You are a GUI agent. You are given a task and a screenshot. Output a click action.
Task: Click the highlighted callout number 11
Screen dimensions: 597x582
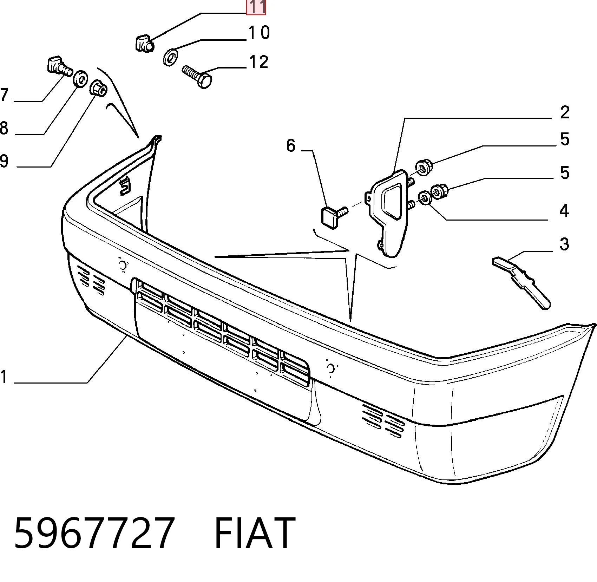click(x=256, y=7)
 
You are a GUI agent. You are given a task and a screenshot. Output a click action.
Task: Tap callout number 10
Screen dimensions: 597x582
click(x=259, y=33)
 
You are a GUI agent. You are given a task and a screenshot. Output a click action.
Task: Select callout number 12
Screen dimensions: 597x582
click(x=259, y=62)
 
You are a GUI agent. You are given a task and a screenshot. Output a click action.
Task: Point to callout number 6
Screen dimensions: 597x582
click(x=291, y=145)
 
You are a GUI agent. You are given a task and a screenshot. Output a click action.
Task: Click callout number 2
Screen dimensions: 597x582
click(x=565, y=112)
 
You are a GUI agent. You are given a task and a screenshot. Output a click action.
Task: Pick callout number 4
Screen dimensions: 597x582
click(x=564, y=211)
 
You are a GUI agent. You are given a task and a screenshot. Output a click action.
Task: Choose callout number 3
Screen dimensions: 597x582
click(x=564, y=244)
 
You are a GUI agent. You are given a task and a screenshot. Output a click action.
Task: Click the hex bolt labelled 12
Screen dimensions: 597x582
click(x=197, y=76)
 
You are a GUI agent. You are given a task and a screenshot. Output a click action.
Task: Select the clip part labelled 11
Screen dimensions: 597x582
click(x=144, y=43)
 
